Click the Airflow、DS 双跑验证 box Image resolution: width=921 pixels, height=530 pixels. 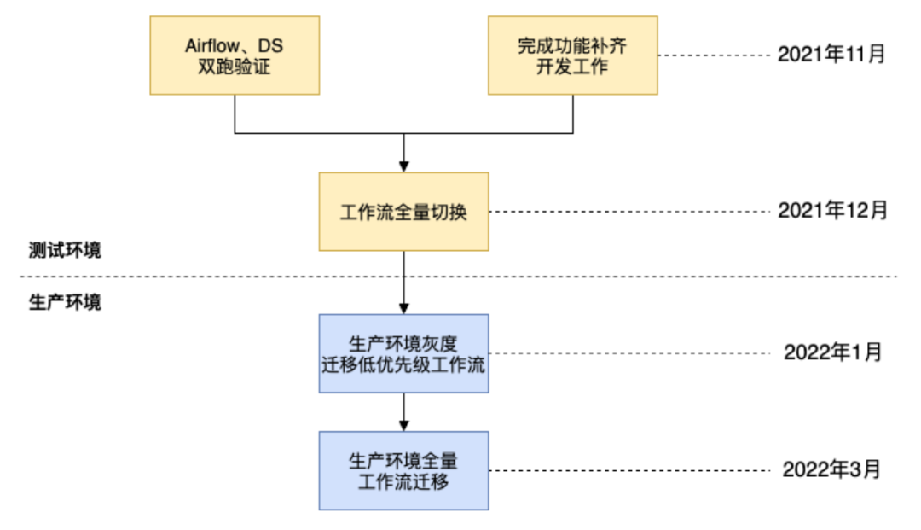[235, 55]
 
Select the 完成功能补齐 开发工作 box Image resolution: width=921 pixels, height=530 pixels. [572, 55]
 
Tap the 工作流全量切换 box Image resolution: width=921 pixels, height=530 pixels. [403, 212]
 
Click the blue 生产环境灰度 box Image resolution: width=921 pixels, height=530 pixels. [403, 353]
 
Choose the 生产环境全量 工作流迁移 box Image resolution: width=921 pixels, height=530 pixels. [403, 470]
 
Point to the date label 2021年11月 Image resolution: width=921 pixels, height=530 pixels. [831, 55]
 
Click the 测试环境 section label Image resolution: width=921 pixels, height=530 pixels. [64, 251]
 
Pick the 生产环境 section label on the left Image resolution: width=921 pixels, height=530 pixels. [64, 303]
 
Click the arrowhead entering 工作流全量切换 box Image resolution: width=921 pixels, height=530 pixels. [403, 166]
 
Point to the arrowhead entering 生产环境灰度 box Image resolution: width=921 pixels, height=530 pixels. [403, 307]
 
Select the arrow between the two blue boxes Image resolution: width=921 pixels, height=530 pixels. [403, 412]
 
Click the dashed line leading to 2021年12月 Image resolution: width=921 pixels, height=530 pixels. [631, 212]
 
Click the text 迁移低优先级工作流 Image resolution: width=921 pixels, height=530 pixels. [403, 363]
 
